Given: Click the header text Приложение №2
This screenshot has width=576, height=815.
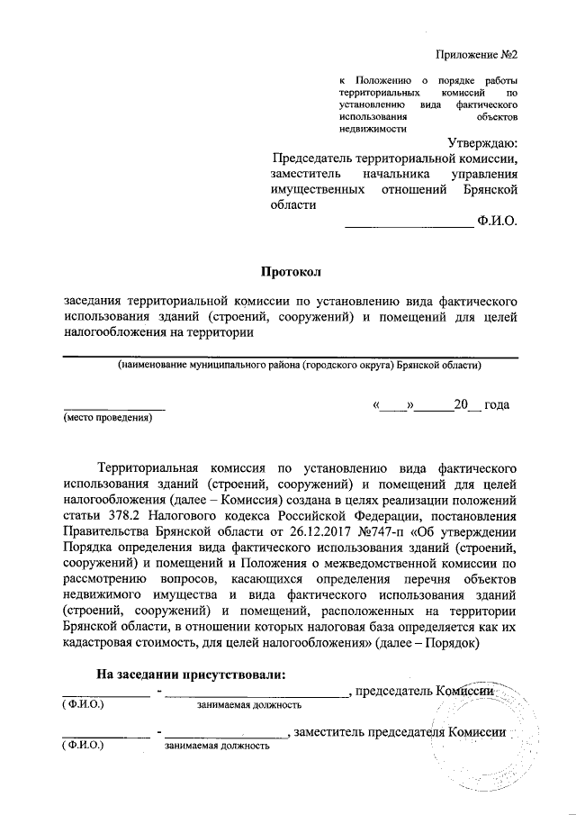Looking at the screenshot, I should [x=477, y=53].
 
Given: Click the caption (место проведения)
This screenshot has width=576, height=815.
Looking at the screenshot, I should [x=107, y=418].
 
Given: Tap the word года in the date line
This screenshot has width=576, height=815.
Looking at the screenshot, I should [x=497, y=405].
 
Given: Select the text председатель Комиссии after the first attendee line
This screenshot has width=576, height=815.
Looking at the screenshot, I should [x=427, y=691].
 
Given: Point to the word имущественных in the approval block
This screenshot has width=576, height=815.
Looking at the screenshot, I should [x=318, y=190].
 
